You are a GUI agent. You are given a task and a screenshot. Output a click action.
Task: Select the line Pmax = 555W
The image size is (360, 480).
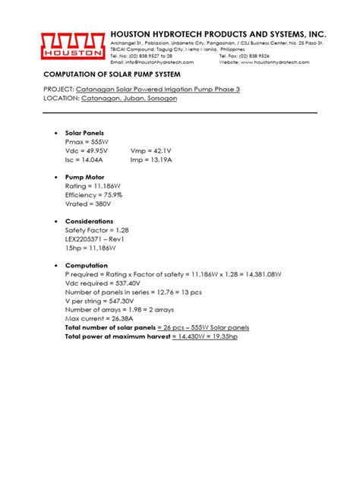tap(86, 142)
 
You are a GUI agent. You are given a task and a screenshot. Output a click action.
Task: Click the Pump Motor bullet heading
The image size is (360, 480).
tap(85, 177)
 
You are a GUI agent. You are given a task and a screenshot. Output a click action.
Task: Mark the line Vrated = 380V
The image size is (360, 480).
tap(88, 204)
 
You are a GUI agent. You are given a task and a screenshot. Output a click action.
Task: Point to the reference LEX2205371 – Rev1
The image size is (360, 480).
tap(94, 238)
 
